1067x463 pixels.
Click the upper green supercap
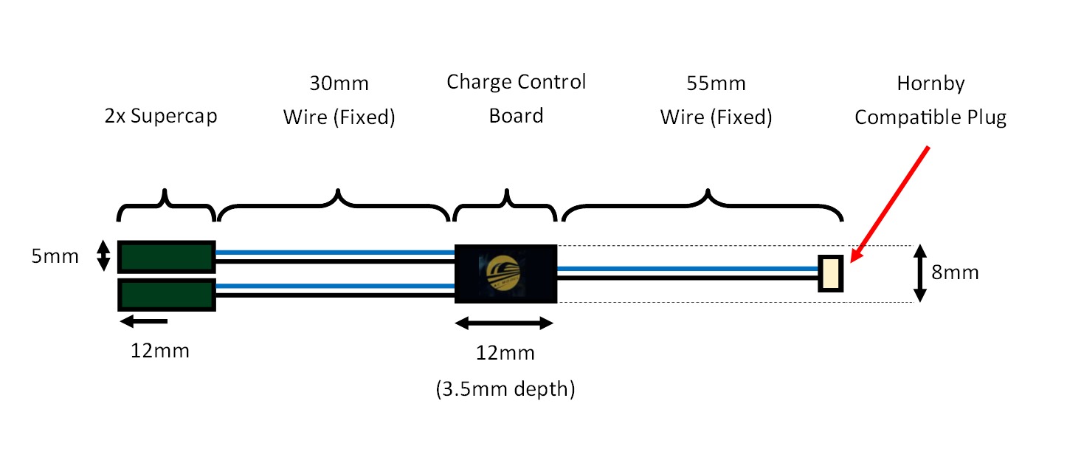click(166, 256)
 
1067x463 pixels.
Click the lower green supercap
click(166, 294)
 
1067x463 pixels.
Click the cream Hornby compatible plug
click(831, 272)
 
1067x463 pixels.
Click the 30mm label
click(338, 83)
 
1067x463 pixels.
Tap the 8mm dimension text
click(955, 272)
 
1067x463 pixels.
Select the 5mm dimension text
click(55, 257)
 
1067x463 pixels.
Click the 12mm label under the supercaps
click(160, 350)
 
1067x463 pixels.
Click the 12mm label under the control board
click(505, 353)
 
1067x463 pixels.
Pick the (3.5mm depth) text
click(505, 388)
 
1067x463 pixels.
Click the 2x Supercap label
click(161, 117)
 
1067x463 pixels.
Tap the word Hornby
click(930, 83)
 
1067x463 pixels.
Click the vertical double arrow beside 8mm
click(919, 273)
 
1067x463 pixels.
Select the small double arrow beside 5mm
click(104, 255)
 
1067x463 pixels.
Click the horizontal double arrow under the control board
click(504, 323)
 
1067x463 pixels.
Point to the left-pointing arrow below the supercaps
click(144, 320)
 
